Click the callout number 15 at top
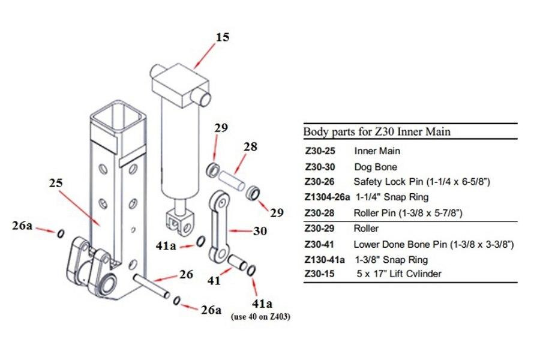pos(222,37)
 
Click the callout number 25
pos(56,181)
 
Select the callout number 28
pos(250,147)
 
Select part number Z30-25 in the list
pos(319,151)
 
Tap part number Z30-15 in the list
pos(319,274)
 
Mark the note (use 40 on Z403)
pos(260,317)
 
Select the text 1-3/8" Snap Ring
pos(391,259)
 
